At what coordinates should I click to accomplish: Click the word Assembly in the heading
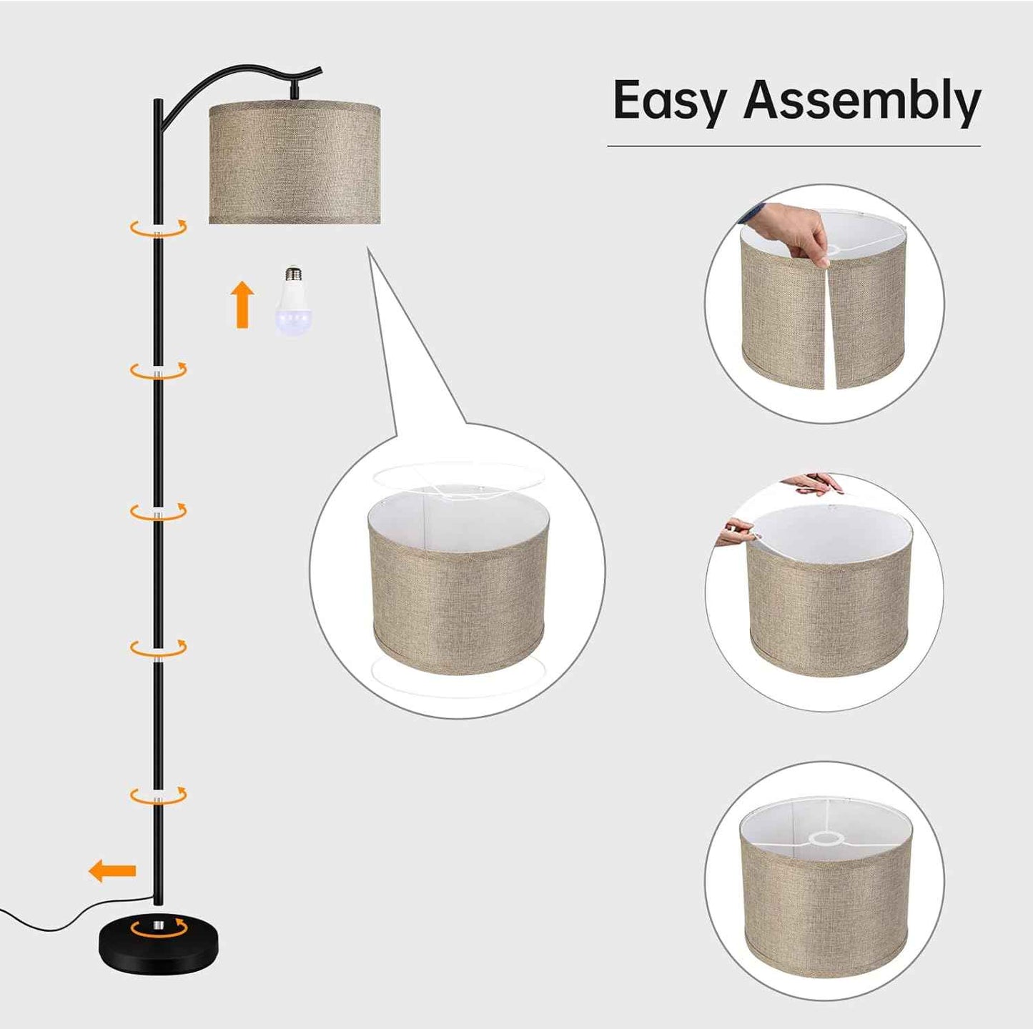click(862, 101)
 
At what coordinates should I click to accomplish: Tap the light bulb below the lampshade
click(292, 302)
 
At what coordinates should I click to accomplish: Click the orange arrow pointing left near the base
click(112, 870)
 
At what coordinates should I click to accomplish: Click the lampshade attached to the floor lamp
click(295, 164)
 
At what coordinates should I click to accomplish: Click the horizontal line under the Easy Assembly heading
click(794, 145)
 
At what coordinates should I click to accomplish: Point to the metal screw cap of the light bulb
click(292, 273)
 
